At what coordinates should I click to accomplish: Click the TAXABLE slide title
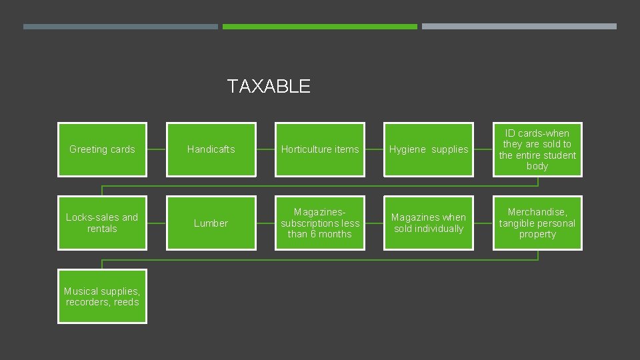point(269,86)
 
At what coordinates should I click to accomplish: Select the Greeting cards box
point(102,149)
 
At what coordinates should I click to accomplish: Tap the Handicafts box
point(211,149)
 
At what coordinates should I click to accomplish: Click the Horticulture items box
point(320,149)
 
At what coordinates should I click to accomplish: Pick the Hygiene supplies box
point(429,149)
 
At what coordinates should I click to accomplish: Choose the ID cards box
point(537,149)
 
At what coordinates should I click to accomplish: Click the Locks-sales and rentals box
point(102,223)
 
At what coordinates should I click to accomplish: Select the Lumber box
point(211,223)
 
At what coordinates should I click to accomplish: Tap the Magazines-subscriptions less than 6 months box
point(320,223)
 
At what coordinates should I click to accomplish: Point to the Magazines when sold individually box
point(429,223)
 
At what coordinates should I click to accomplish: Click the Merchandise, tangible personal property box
point(537,223)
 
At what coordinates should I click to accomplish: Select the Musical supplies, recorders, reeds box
point(102,296)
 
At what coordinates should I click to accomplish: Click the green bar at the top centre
point(320,27)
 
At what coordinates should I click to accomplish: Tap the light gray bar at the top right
point(519,27)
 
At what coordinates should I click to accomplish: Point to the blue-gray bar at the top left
point(121,27)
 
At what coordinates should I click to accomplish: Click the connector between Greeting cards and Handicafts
point(157,149)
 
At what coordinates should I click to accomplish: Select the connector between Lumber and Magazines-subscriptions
point(265,223)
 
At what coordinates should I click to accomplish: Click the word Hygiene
point(407,149)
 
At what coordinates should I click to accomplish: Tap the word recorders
point(89,302)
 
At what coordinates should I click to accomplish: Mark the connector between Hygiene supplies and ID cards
point(483,149)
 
